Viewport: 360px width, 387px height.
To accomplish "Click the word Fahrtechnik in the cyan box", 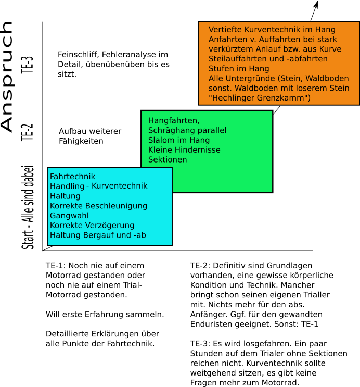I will coord(72,177).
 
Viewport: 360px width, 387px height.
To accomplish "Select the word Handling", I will coord(67,186).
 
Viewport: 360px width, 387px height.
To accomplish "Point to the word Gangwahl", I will coord(69,216).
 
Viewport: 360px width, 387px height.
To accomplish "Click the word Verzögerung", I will coord(111,226).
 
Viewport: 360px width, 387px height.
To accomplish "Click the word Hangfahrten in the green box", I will coord(173,121).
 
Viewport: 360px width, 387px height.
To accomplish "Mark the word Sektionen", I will coord(168,159).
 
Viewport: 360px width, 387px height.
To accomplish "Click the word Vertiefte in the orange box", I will coord(225,30).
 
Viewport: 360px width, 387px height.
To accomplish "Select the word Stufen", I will coord(221,69).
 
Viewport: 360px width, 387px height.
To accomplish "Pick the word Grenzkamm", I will coord(285,98).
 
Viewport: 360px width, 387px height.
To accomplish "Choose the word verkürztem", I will coord(231,49).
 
